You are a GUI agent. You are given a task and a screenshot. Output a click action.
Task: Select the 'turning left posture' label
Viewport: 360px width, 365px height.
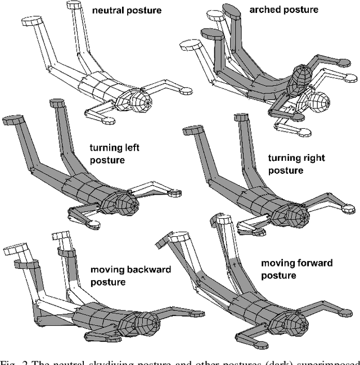114,154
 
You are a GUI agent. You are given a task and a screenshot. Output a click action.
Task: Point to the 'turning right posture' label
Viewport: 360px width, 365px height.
296,164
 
